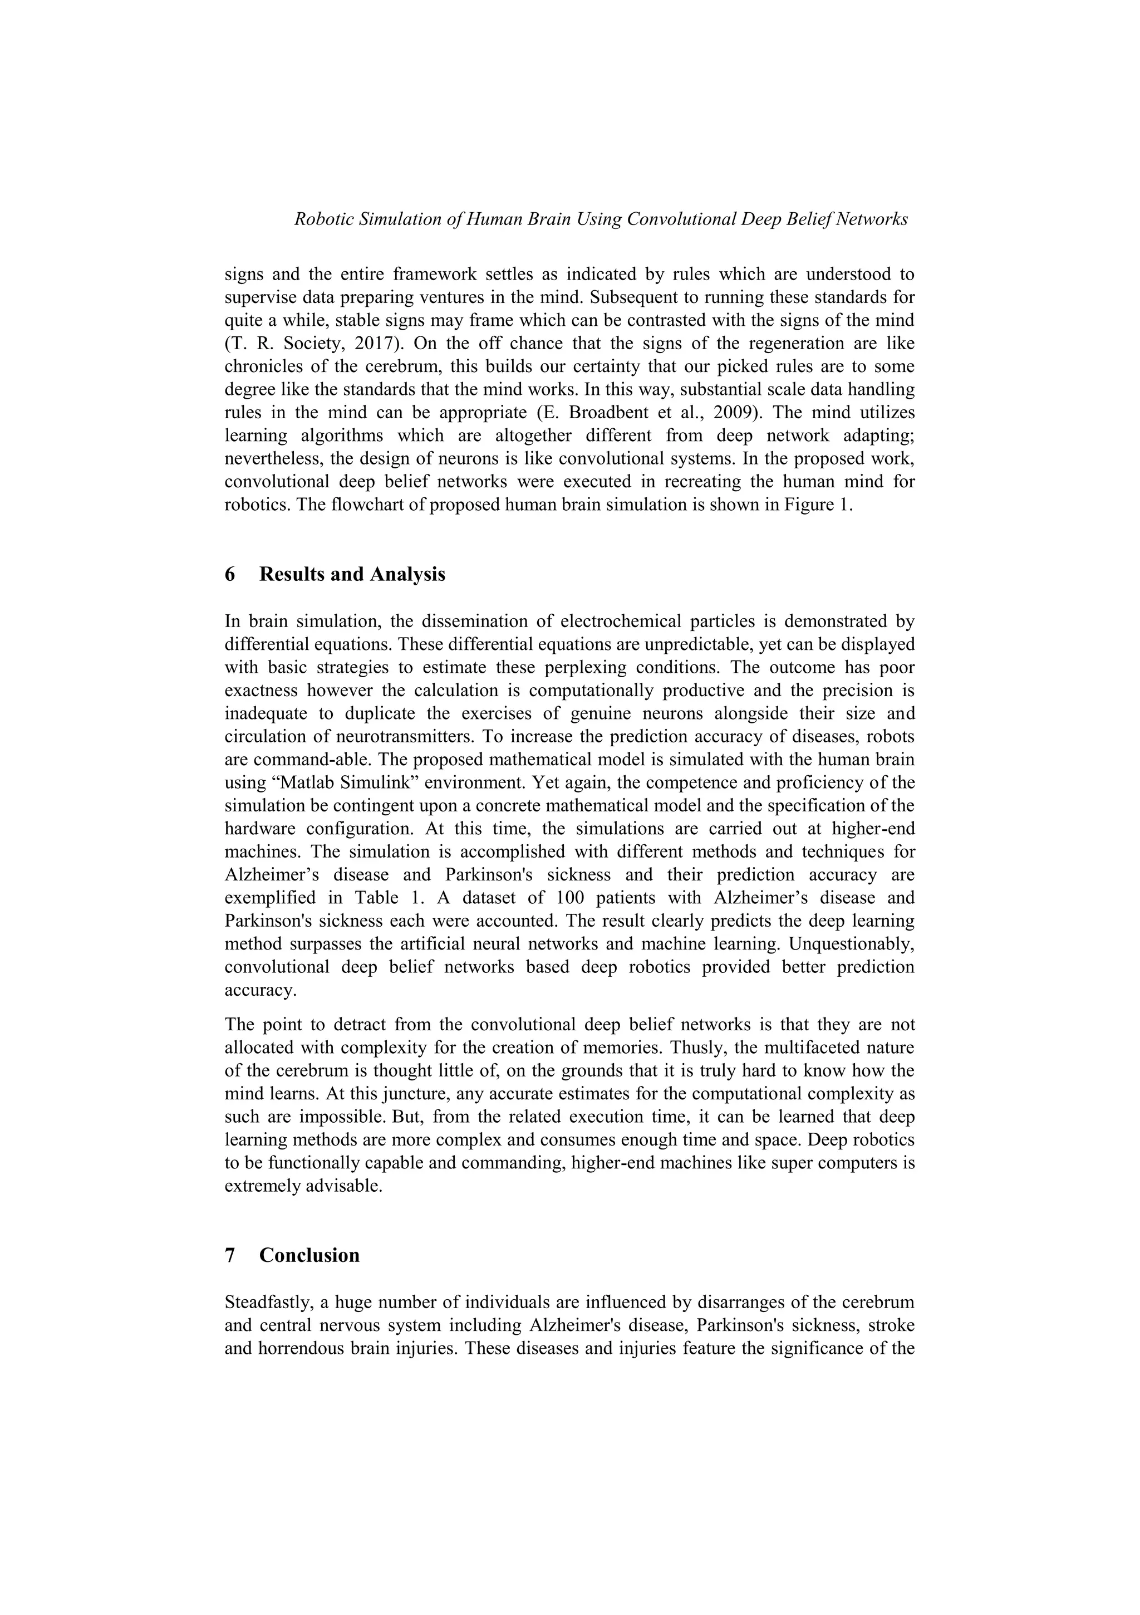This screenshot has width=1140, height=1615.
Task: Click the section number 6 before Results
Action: [x=230, y=575]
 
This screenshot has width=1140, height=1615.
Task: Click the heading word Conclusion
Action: [x=309, y=1256]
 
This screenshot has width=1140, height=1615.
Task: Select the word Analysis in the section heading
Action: [x=408, y=575]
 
